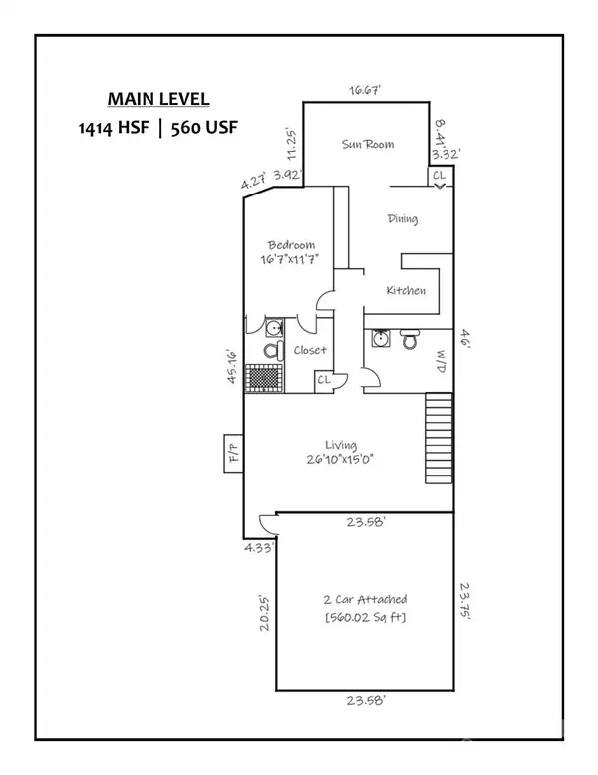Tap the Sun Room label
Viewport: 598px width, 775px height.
coord(367,145)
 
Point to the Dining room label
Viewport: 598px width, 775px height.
coord(402,219)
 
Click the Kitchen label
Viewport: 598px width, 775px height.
coord(406,291)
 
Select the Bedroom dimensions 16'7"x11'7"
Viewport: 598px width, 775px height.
coord(290,257)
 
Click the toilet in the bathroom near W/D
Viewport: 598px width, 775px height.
coord(409,341)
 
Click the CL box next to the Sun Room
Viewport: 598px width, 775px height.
coord(440,176)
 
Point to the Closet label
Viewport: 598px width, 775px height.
coord(309,351)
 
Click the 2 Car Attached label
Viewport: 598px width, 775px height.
coord(366,600)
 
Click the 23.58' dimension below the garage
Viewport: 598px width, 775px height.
coord(366,701)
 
